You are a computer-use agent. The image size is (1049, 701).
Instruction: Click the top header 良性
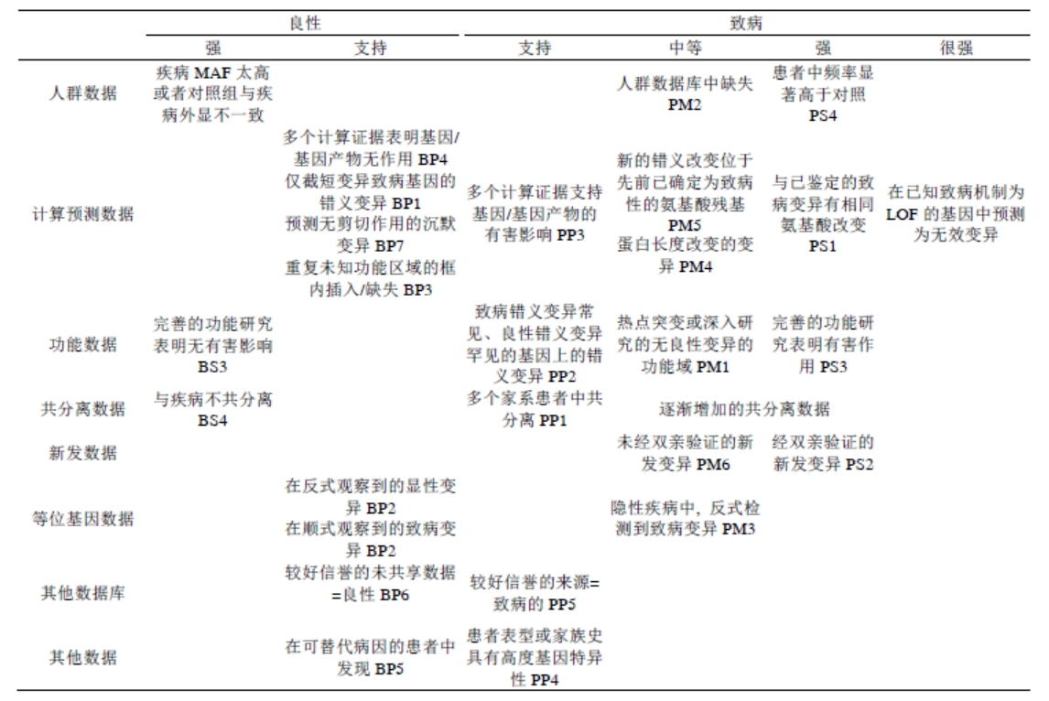[305, 19]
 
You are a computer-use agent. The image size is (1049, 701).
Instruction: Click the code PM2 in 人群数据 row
[685, 105]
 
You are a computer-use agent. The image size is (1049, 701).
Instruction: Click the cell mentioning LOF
[956, 216]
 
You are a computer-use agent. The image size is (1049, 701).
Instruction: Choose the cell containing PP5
[533, 593]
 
